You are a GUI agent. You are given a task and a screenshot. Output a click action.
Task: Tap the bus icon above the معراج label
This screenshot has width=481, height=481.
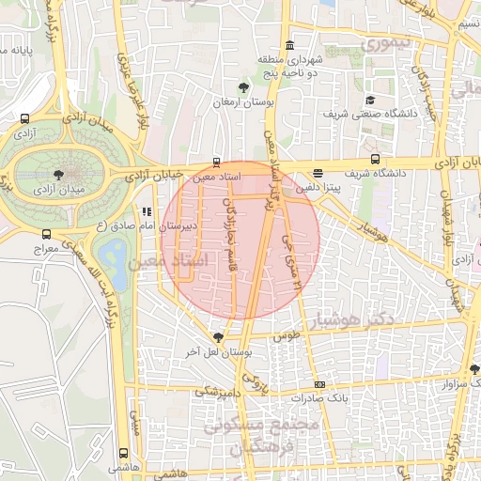[x=46, y=234]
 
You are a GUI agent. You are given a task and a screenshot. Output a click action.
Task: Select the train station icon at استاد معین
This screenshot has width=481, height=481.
[x=218, y=161]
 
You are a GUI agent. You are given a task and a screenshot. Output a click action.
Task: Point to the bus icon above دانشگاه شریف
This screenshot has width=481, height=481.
[x=375, y=160]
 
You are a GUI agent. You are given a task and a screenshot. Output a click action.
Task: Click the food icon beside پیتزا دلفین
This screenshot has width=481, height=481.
[x=318, y=173]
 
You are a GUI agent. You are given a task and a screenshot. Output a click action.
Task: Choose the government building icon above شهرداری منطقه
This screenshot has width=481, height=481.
[x=289, y=45]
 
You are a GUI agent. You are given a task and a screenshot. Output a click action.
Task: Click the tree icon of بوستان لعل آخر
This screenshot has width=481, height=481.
[x=218, y=336]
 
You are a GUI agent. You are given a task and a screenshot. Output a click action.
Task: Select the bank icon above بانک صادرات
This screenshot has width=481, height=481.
[x=320, y=383]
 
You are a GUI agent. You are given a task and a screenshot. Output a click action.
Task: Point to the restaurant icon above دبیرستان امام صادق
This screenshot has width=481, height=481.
[x=146, y=212]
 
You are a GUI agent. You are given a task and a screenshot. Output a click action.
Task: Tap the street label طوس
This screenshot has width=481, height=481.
[x=285, y=334]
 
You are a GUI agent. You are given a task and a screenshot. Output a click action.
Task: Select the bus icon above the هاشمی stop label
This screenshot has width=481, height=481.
[x=123, y=454]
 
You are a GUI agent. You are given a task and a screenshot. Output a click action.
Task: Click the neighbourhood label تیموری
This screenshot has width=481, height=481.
[x=388, y=43]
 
